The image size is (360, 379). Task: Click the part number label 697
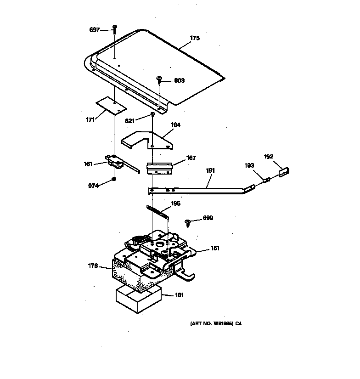point(94,30)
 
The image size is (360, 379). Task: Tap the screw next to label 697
point(115,29)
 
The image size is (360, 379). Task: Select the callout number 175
point(195,38)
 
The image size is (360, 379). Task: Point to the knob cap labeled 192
point(282,172)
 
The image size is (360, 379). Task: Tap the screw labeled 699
point(188,222)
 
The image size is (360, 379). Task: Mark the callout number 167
point(191,158)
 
